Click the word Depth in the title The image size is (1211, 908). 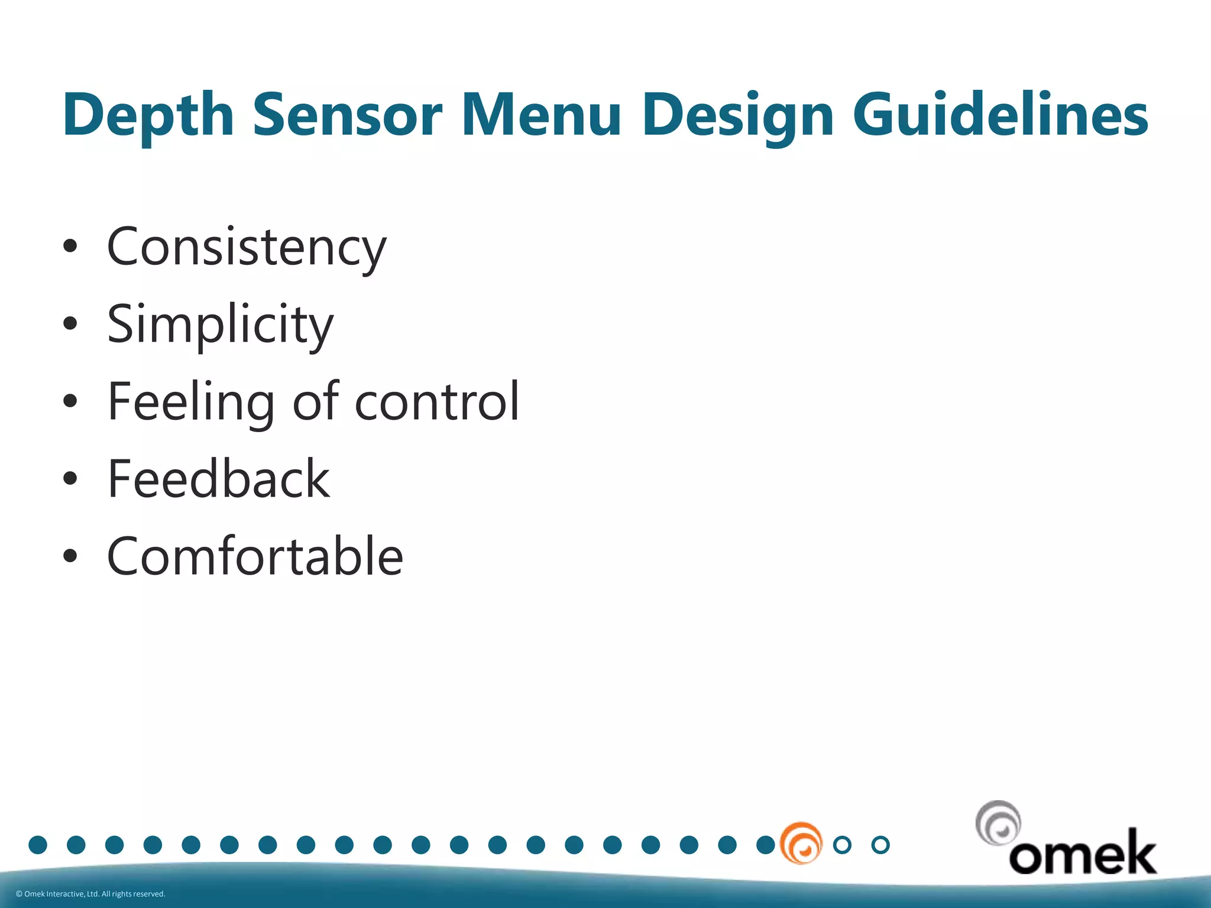pos(148,115)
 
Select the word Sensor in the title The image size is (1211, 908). pos(347,115)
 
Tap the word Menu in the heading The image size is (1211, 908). pos(540,115)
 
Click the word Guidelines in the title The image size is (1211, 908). pos(1000,115)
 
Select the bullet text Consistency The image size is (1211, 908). pos(246,247)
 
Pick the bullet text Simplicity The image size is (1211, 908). pos(220,324)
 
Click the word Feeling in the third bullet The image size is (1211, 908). pos(190,402)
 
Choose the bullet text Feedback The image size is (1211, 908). pos(218,479)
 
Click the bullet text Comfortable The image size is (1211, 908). pos(255,556)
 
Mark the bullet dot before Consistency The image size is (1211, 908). pos(70,247)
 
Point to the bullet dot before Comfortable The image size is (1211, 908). pos(70,556)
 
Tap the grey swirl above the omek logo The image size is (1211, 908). pos(998,823)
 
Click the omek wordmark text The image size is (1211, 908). pos(1082,853)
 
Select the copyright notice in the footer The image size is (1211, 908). pos(90,894)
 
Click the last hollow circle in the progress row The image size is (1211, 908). pos(880,845)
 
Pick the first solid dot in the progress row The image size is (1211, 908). pos(38,845)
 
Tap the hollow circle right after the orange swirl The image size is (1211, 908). pos(842,845)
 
